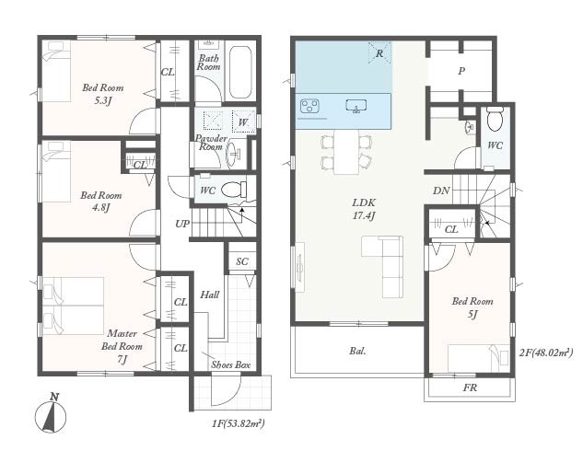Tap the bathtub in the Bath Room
(239, 73)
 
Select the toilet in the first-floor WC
(234, 190)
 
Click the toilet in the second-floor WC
(495, 118)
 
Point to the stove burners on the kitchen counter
(310, 106)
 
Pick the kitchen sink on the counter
(356, 106)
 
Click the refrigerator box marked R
(379, 53)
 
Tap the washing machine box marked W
(243, 121)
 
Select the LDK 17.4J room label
(364, 209)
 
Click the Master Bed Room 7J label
(122, 346)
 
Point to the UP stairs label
(182, 224)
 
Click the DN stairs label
(441, 191)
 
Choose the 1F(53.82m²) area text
(239, 423)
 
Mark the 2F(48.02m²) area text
(546, 353)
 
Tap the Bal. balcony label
(357, 351)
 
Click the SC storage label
(242, 261)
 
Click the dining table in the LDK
(346, 152)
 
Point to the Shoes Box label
(231, 364)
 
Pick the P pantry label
(461, 71)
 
